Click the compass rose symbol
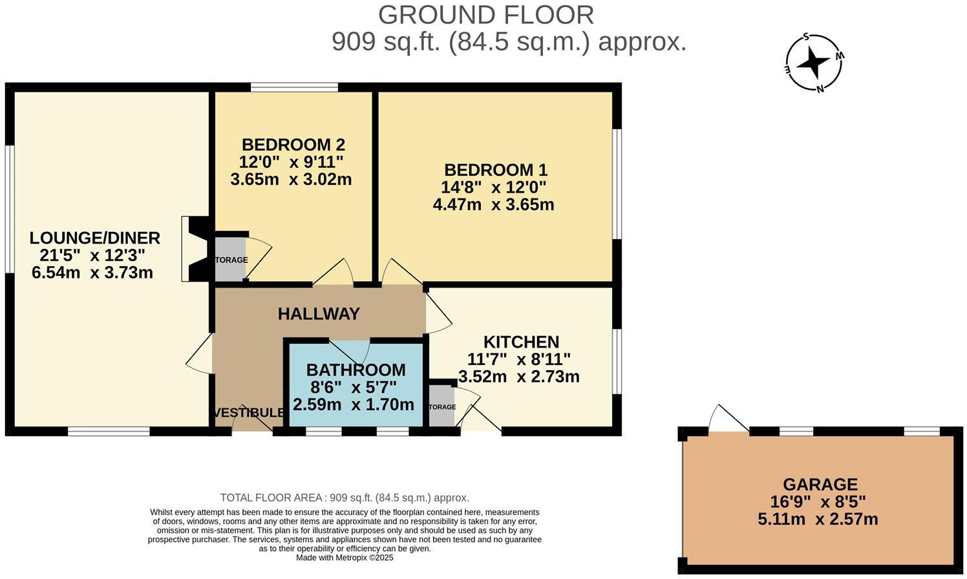(x=814, y=63)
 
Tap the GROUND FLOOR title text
(x=485, y=15)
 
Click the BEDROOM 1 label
(x=495, y=170)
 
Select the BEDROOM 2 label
(x=293, y=144)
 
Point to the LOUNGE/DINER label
(x=94, y=238)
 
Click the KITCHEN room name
(x=521, y=342)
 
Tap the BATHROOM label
(x=356, y=370)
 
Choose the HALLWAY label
(x=319, y=314)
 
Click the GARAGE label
(x=820, y=484)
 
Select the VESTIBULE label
(x=248, y=413)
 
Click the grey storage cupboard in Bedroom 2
(x=230, y=259)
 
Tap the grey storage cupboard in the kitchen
(x=441, y=406)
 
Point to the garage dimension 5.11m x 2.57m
(x=818, y=519)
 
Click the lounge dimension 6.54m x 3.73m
(x=92, y=273)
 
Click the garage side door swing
(x=728, y=420)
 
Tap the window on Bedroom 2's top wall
(x=294, y=87)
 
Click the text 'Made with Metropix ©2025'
(x=345, y=558)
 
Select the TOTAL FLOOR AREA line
(x=345, y=498)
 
